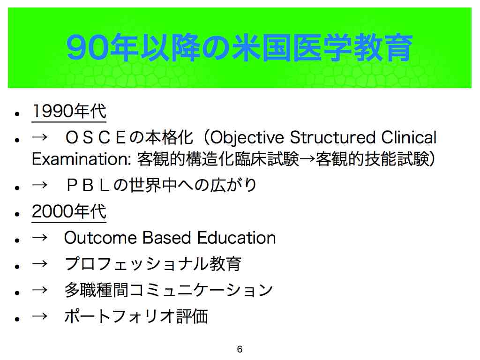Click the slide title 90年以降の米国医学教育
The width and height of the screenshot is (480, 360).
(x=240, y=47)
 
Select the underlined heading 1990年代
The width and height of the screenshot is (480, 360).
(x=69, y=111)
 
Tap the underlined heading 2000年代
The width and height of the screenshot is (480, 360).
(x=69, y=211)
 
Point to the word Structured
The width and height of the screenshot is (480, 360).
(x=333, y=137)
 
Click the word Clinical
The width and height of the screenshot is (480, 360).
(x=409, y=137)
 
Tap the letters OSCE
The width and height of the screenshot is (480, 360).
(x=95, y=137)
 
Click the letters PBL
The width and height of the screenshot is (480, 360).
(x=88, y=186)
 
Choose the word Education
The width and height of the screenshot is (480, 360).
(x=236, y=238)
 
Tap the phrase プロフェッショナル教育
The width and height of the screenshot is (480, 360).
(x=153, y=264)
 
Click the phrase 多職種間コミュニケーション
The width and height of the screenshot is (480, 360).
(x=168, y=290)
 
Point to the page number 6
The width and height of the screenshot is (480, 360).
(x=240, y=349)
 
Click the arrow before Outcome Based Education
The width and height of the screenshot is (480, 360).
(x=40, y=238)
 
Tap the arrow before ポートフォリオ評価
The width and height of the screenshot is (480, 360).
(x=40, y=316)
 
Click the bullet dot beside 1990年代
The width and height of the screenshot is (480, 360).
(x=17, y=114)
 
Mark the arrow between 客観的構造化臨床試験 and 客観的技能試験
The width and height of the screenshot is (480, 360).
(x=307, y=159)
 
